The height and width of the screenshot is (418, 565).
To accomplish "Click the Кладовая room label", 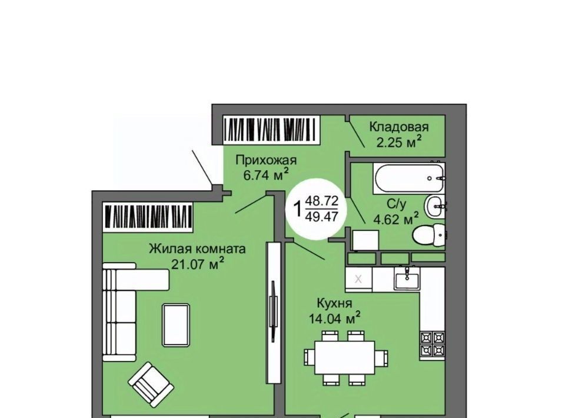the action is coord(399,127).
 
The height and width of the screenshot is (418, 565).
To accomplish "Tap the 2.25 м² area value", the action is coord(399,142).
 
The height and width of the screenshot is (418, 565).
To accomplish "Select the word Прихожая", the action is coord(266,160).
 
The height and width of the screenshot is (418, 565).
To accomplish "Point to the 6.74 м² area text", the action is coord(266,175).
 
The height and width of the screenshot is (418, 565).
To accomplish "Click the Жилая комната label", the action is coord(198,248).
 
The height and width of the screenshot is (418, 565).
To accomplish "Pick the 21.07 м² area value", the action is coord(198,264).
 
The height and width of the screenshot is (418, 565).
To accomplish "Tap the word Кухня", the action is coord(334,303).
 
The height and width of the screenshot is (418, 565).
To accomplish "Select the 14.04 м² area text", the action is coord(334,318).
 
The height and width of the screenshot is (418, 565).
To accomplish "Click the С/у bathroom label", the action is coord(396,204).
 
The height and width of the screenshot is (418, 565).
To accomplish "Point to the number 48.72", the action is coord(322,201).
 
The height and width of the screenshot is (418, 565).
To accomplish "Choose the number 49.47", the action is coord(322,217).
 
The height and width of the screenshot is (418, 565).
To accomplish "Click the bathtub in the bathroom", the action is coord(410,178).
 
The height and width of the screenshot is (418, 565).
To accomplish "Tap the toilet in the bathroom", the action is coord(429,235).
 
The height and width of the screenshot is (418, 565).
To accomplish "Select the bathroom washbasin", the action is coord(435,207).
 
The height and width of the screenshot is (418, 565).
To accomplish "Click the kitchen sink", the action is coord(407,278).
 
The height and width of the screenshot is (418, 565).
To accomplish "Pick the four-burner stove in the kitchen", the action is coord(432,344).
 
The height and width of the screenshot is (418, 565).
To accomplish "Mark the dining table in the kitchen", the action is coord(344,357).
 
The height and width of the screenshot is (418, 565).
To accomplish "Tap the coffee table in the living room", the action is coord(176,325).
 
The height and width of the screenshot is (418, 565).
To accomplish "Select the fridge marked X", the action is coord(358,279).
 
